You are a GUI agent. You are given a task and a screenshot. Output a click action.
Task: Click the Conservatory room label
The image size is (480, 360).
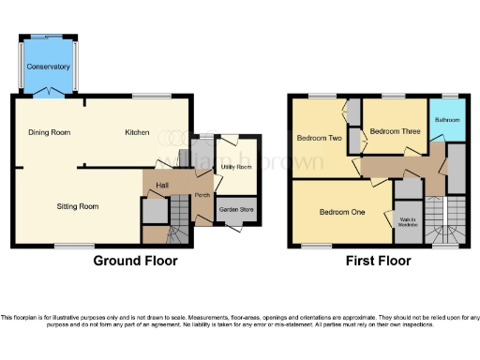click(x=48, y=67)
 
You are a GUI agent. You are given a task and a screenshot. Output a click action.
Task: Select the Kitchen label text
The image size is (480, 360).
click(x=137, y=133)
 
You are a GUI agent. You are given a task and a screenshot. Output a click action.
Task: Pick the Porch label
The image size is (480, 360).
click(x=202, y=196)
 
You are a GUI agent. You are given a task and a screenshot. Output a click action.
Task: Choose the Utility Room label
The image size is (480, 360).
click(x=235, y=167)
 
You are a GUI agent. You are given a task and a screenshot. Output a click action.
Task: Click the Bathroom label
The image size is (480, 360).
click(x=446, y=120)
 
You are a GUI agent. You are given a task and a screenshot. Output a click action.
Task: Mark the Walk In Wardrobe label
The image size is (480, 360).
click(x=408, y=222)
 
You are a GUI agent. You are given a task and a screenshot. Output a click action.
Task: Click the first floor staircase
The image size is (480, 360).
click(x=446, y=220)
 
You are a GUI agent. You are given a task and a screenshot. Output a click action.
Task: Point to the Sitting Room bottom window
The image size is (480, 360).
click(x=73, y=247)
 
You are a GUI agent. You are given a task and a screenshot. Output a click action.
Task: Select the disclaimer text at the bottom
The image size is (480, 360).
click(x=240, y=322)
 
